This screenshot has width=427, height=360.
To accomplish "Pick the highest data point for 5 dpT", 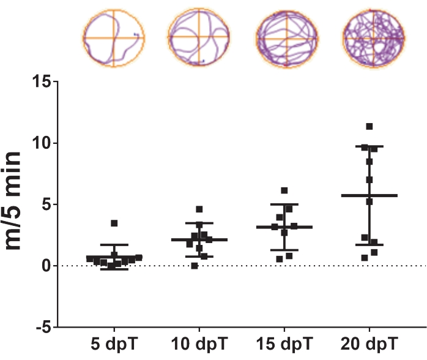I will (x=114, y=223).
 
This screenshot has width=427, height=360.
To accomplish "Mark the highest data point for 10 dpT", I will (x=199, y=209).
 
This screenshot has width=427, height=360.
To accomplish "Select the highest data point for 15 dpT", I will (x=284, y=191).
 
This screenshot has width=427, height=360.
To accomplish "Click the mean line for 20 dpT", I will (x=369, y=195).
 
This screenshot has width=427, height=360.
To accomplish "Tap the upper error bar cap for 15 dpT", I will (x=284, y=204).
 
